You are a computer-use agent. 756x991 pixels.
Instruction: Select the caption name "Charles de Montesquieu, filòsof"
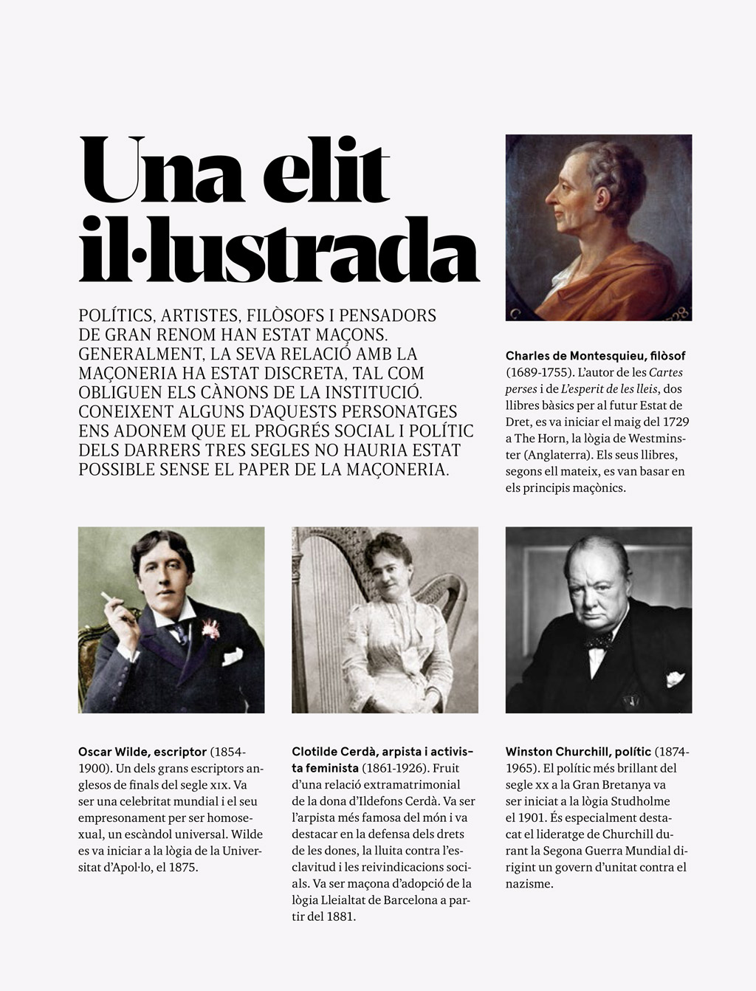[x=595, y=356]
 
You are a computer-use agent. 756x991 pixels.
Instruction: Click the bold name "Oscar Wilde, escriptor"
[x=142, y=752]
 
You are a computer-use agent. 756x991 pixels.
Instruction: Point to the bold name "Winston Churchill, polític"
[x=578, y=752]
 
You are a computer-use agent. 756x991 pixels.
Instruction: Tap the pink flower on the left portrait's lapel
[x=211, y=628]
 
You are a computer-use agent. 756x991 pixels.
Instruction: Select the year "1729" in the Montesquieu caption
[x=676, y=422]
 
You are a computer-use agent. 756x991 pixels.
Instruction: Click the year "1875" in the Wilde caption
[x=182, y=867]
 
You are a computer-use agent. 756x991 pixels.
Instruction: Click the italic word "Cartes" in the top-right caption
[x=666, y=372]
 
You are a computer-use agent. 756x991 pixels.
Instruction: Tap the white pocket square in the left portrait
[x=233, y=655]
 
